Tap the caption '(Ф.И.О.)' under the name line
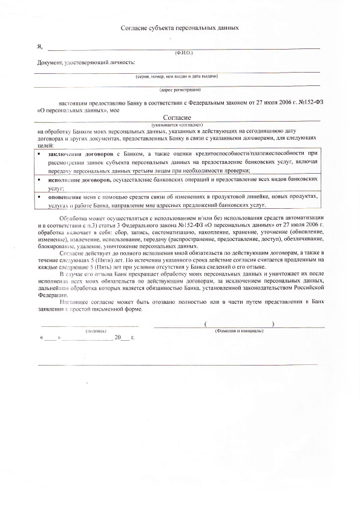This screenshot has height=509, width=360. click(183, 53)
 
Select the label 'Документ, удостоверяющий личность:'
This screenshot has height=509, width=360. click(87, 62)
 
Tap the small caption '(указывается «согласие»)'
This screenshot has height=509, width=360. click(177, 124)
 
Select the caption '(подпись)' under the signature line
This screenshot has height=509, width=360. click(96, 332)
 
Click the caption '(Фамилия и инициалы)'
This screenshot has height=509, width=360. click(239, 332)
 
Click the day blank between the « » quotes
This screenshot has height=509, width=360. click(50, 338)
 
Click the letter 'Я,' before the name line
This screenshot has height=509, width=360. click(40, 46)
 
